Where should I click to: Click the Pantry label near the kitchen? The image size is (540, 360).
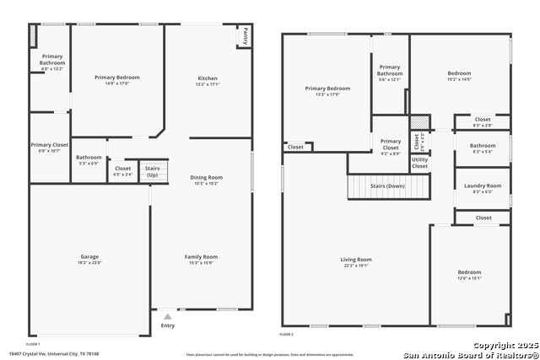coord(245,36)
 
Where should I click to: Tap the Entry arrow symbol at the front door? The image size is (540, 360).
coord(167,316)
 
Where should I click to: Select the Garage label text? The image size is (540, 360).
coord(89,256)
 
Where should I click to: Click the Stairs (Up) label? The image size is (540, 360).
coord(152,171)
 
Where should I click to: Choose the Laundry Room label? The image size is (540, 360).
coord(483,185)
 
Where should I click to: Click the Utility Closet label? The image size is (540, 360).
coord(419,163)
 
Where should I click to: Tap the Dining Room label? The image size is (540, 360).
coord(207,177)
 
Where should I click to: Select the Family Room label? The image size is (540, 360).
coord(201,256)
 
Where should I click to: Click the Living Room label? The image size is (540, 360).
coord(356,260)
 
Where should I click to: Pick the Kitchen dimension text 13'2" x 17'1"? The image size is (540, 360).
coord(207,84)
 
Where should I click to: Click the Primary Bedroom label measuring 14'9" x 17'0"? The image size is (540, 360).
coord(117,78)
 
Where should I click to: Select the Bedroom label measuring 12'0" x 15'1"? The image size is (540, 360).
coord(469,272)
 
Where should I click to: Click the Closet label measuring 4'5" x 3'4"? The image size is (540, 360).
coord(122,168)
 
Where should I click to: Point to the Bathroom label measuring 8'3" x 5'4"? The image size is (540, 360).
coord(483,146)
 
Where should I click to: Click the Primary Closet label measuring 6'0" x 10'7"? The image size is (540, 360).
coord(50,145)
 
